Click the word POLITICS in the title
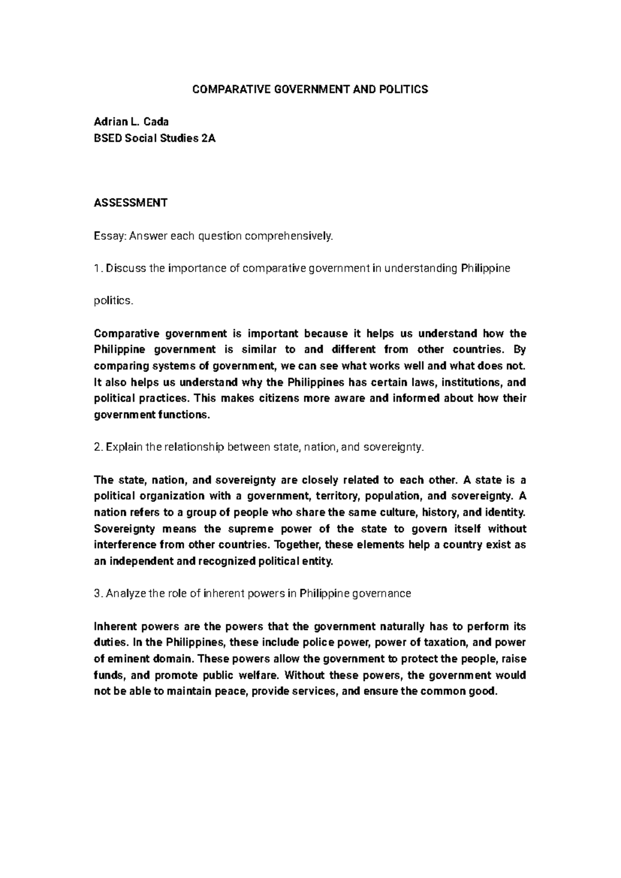point(400,90)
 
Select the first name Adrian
point(109,122)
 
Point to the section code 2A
point(207,138)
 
